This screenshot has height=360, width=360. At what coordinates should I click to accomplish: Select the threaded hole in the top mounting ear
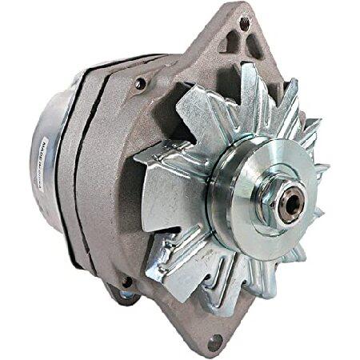244,24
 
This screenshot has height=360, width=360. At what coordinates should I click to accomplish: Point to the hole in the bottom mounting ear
214,342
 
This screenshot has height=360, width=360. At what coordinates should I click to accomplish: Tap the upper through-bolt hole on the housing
141,82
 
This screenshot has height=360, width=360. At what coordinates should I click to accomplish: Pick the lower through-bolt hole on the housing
126,282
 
